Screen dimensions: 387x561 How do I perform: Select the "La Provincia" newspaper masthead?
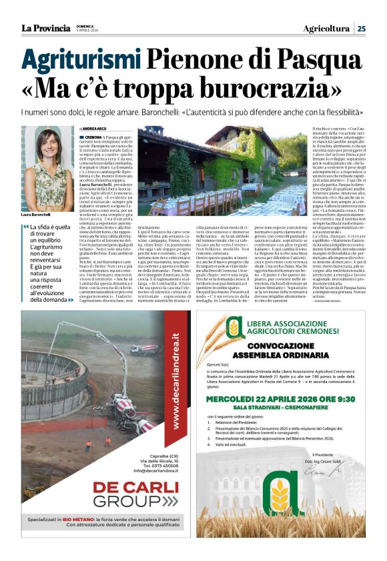(x=46, y=28)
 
